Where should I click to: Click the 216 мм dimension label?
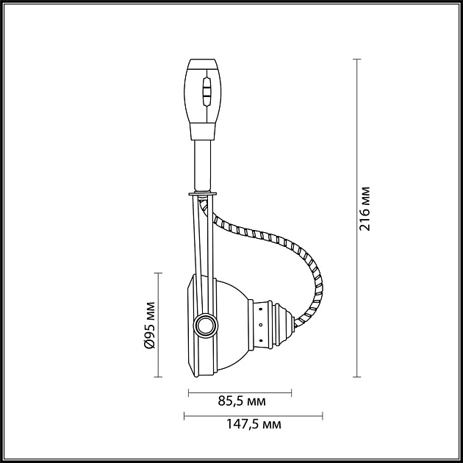point(365,209)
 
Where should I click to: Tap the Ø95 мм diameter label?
point(148,324)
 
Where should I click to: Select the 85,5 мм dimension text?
point(242,401)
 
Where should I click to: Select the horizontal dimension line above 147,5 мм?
point(253,415)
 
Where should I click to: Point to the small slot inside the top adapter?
point(207,94)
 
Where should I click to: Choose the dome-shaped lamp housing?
point(232,323)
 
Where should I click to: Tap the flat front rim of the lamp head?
point(189,324)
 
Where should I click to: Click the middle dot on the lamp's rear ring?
point(260,325)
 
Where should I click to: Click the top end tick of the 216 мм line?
point(357,60)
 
